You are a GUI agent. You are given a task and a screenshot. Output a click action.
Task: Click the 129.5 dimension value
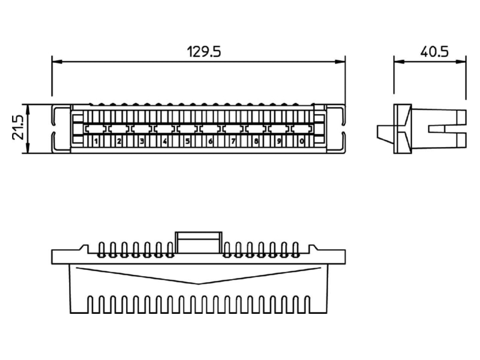pos(204,52)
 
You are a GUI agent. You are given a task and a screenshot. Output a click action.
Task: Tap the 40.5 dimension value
pos(434,52)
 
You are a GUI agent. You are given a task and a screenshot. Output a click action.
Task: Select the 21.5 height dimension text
pos(19,128)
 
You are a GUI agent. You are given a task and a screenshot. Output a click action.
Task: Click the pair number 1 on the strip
pos(96,142)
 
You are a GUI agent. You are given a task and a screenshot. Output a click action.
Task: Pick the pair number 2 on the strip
pos(119,142)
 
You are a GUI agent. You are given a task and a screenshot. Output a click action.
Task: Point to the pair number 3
pos(142,142)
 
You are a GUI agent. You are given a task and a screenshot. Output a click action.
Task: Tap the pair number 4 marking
pos(164,142)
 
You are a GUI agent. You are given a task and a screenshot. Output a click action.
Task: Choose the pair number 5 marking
pos(187,142)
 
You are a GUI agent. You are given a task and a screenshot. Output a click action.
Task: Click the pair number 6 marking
pos(211,142)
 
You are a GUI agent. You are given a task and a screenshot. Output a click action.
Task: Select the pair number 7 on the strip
pos(233,142)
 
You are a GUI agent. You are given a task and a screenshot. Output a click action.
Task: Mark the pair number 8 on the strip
pos(256,142)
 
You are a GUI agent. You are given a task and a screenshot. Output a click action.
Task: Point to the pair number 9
pos(278,142)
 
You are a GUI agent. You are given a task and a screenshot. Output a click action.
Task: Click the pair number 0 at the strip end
pos(302,142)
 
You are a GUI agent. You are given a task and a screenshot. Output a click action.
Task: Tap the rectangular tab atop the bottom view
pos(199,242)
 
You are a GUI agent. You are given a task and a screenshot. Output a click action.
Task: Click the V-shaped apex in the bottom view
pos(199,284)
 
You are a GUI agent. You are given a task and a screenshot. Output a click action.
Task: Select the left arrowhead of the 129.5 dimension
pos(57,62)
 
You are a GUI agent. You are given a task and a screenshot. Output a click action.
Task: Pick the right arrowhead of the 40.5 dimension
pos(461,62)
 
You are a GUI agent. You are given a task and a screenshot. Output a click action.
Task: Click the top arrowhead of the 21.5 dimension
pos(28,109)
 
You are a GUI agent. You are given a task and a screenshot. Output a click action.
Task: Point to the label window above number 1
pos(96,128)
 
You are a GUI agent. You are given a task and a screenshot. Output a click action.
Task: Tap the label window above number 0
pos(302,128)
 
